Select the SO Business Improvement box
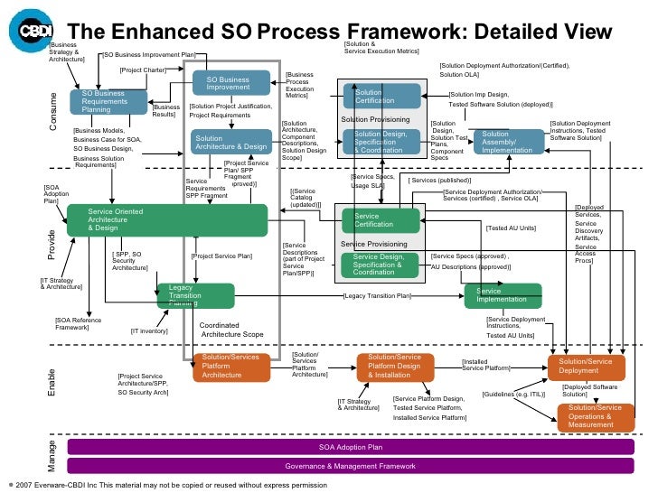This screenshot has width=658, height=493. pos(233,83)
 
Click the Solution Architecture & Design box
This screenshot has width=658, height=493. pos(230,141)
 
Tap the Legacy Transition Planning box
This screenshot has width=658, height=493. pos(195,294)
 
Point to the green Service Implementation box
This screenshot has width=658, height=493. pos(503,295)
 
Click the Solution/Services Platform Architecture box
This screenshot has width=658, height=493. pos(231,367)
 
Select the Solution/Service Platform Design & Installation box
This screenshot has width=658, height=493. pos(402,367)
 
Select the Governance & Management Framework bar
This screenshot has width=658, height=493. pos(351,466)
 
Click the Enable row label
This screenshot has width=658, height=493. pos(52,383)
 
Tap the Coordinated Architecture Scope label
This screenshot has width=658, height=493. pos(231,330)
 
